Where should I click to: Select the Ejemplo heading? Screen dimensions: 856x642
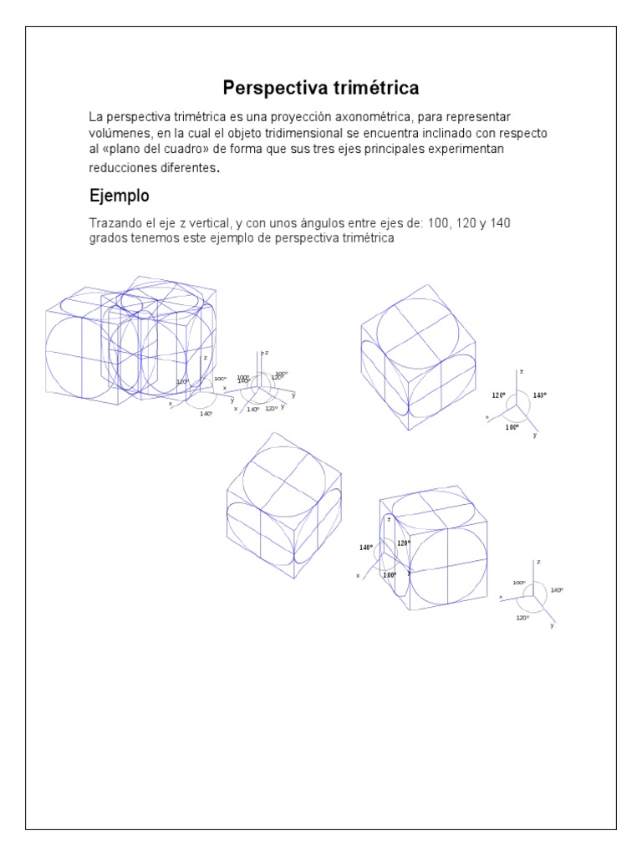coord(120,196)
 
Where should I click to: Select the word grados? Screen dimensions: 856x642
coord(109,238)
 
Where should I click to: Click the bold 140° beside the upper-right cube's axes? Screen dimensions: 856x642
coord(539,395)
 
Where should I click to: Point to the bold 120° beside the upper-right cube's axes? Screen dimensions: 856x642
coord(499,395)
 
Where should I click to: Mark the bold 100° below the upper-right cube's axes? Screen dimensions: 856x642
coord(512,426)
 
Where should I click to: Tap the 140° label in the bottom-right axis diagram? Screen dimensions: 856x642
coord(557,590)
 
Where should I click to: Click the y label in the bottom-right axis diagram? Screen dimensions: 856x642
coord(553,624)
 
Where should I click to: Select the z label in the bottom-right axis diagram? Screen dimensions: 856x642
coord(538,562)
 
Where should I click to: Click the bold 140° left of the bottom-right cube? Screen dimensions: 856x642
coord(366,548)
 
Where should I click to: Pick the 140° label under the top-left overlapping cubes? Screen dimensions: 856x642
coord(206,413)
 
